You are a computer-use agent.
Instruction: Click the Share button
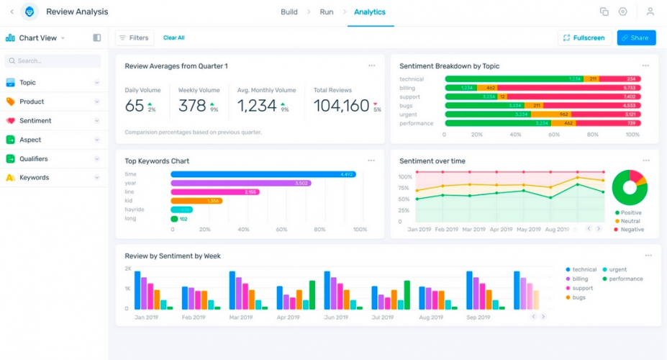tap(636, 37)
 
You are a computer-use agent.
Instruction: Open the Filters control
tap(134, 37)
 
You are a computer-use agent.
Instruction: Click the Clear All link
tap(173, 37)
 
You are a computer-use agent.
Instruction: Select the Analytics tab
tap(370, 12)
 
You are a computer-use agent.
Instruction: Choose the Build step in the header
tap(289, 12)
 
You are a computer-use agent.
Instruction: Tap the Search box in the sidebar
tap(53, 61)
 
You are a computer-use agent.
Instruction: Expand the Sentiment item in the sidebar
tap(35, 121)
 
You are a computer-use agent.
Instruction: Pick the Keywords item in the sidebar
tap(34, 178)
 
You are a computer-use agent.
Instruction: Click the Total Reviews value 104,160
tap(341, 107)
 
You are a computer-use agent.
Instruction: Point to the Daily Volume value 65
tap(135, 107)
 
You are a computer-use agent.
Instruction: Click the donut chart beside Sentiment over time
tap(630, 187)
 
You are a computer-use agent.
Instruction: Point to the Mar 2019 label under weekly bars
tap(240, 318)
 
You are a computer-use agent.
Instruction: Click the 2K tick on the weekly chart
tap(128, 269)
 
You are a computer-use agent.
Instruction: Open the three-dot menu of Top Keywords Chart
tap(371, 161)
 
